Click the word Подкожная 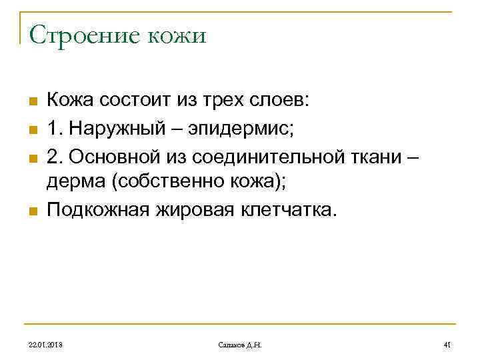96,211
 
